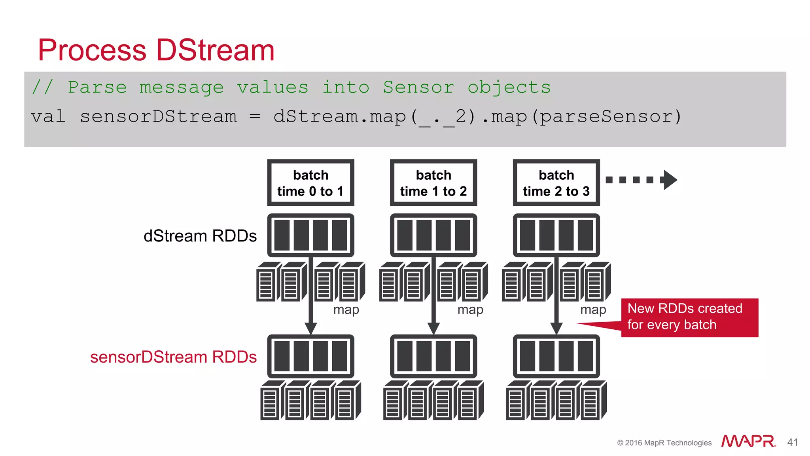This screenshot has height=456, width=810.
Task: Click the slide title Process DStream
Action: point(156,50)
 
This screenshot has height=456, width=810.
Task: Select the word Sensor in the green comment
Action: point(418,87)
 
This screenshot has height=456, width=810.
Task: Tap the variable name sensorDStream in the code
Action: point(158,116)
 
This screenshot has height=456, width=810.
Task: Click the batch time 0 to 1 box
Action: point(310,183)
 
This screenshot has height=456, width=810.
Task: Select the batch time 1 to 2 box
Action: point(433,183)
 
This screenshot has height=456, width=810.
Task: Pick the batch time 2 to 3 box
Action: point(556,183)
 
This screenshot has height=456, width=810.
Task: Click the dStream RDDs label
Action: point(200,236)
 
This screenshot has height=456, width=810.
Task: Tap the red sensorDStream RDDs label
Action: point(173,357)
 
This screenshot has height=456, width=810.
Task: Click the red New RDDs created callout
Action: point(689,317)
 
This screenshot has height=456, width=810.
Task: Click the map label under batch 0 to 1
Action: point(346,310)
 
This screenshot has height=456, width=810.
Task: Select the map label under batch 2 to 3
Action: point(592,310)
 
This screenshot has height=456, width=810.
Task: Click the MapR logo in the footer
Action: point(748,441)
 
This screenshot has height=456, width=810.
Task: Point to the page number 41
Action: point(792,442)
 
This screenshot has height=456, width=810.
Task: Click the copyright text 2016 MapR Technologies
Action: point(664,443)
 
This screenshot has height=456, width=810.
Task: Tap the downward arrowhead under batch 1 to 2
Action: point(433,328)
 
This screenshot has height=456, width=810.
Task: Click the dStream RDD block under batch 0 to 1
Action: point(310,236)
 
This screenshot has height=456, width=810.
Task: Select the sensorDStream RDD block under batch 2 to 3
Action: point(556,356)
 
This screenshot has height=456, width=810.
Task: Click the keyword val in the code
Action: point(48,116)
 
